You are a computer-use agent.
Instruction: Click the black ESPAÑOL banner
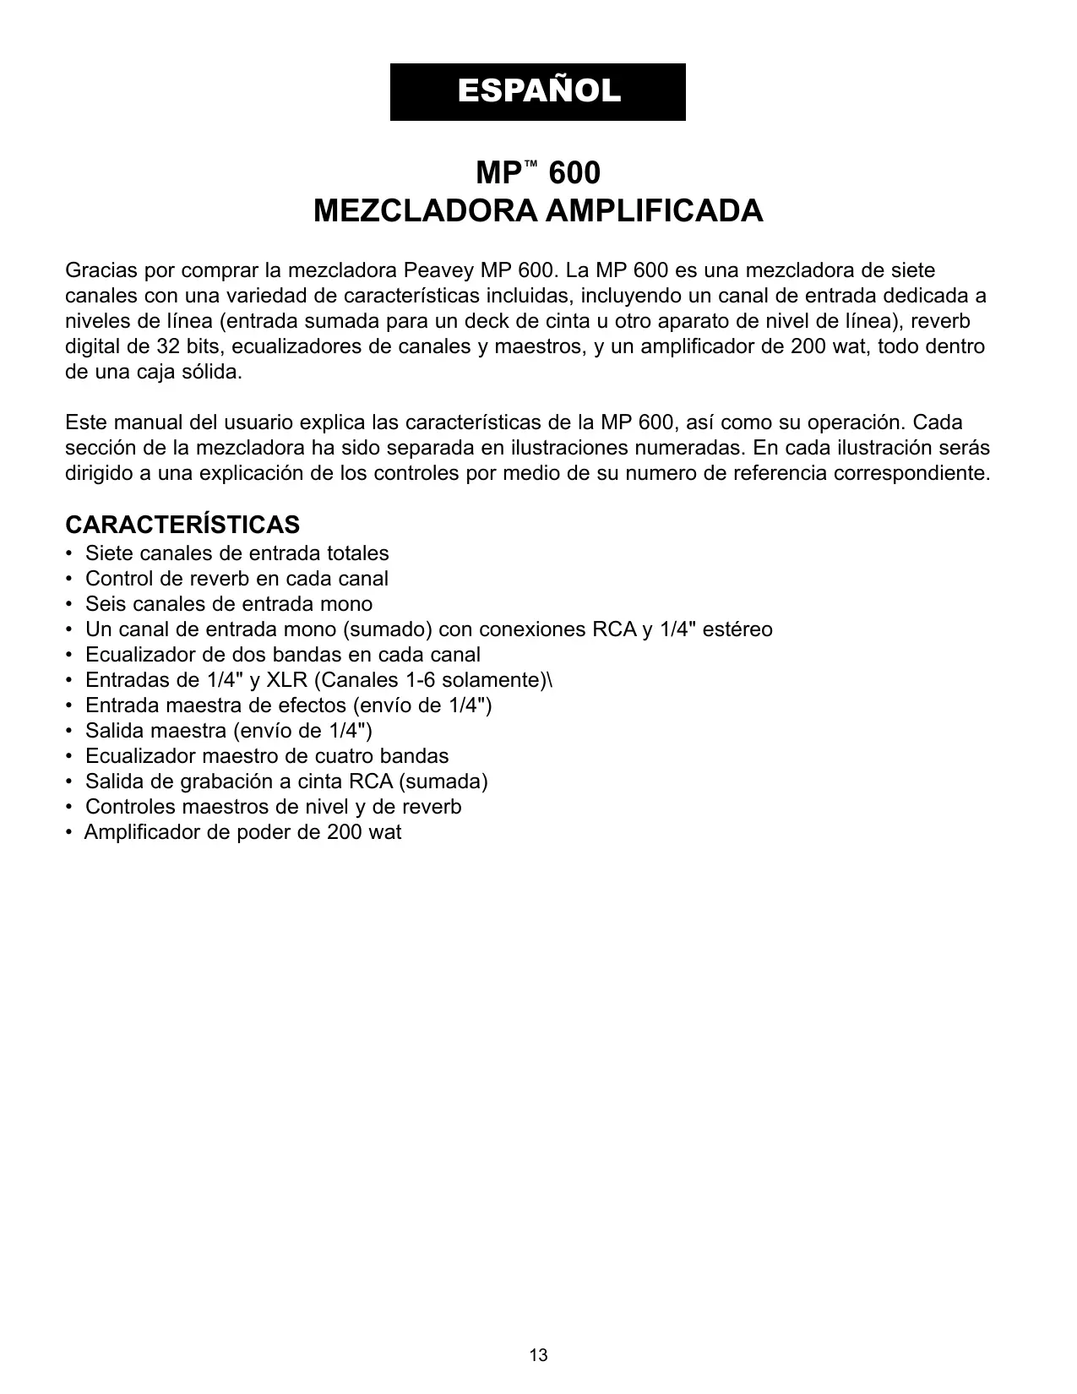coord(537,91)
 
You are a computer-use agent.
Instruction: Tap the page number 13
coord(538,1356)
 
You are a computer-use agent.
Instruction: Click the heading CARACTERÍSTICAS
coord(182,525)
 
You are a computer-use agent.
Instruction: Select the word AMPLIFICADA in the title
coord(654,210)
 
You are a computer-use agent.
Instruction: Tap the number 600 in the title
coord(574,173)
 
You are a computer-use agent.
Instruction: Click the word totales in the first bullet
coord(358,553)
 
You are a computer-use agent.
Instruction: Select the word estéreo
coord(739,629)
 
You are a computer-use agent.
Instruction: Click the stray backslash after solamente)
coord(551,680)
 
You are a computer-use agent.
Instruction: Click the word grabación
coord(227,781)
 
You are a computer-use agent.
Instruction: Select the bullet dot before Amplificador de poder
coord(68,833)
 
